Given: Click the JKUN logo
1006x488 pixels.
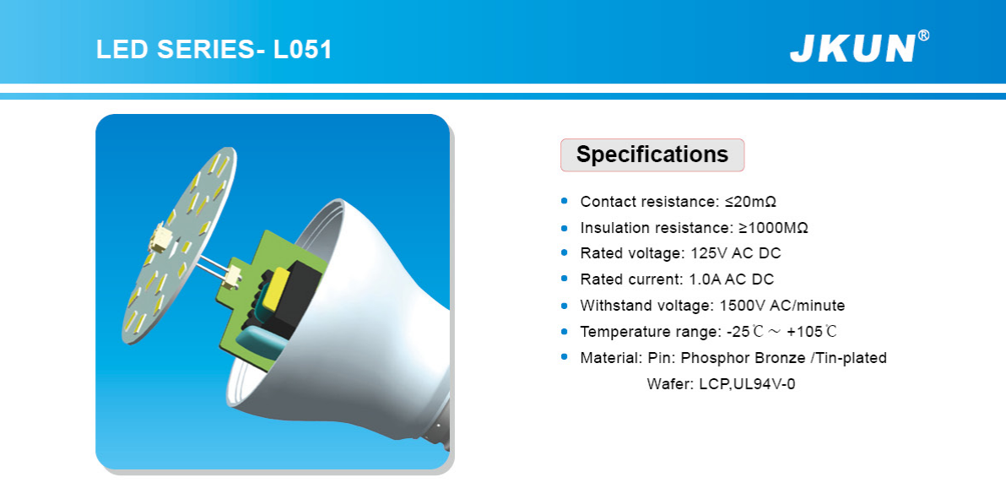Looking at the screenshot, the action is coord(852,48).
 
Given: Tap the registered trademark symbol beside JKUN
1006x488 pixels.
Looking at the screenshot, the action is coord(923,36).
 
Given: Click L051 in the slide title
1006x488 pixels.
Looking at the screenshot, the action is coord(303,50).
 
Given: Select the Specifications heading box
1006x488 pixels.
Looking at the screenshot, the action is coord(652,155).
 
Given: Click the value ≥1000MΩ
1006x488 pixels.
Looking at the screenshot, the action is coord(769,228).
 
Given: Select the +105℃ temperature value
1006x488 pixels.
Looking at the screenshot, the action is coord(812,332).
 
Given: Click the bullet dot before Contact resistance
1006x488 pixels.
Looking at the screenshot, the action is coord(565,201).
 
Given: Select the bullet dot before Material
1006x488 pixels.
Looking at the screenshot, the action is coord(565,357).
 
